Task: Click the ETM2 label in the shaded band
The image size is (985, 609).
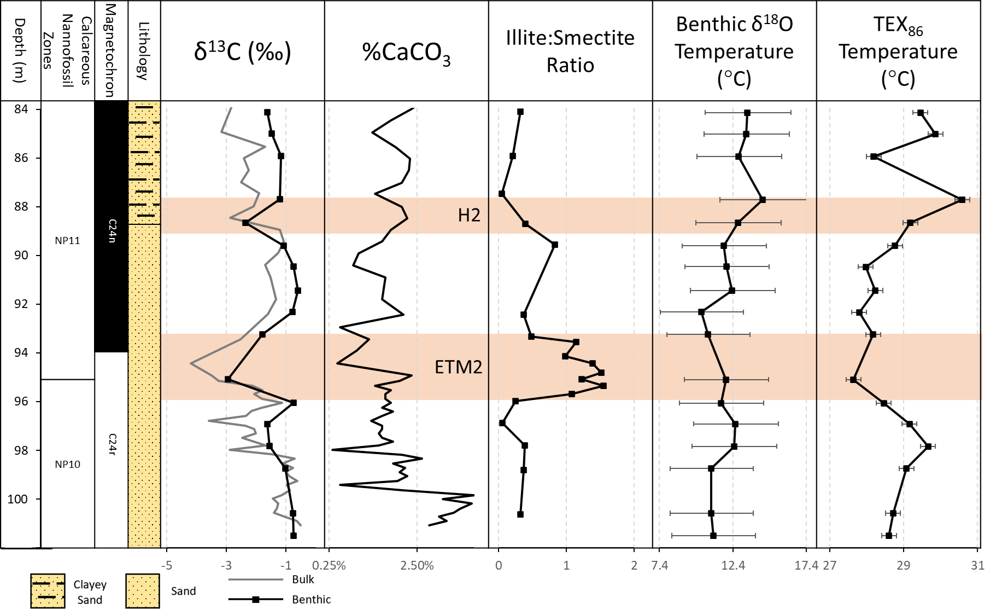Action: (458, 367)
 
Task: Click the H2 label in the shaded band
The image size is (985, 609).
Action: (469, 216)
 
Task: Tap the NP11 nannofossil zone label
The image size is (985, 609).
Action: (67, 241)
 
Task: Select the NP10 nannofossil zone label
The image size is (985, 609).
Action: (67, 465)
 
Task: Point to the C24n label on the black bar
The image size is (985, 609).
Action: (112, 231)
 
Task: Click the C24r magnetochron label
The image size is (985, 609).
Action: (112, 444)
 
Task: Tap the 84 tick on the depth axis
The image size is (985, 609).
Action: (21, 109)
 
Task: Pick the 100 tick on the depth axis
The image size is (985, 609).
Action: (17, 499)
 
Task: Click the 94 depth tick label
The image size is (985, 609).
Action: (21, 353)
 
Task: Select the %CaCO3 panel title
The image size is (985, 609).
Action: (406, 53)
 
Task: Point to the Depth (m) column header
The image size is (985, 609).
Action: (20, 50)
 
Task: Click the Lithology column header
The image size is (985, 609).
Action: (144, 51)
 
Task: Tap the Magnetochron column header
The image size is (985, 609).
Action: (110, 50)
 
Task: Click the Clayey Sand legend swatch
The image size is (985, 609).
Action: (48, 591)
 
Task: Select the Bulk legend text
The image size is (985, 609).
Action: (303, 579)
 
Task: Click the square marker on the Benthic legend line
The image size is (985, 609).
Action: (255, 599)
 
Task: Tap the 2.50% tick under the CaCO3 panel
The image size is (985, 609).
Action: (417, 566)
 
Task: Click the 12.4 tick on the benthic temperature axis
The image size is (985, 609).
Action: (732, 566)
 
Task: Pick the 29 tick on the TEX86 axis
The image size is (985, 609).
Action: (903, 566)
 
